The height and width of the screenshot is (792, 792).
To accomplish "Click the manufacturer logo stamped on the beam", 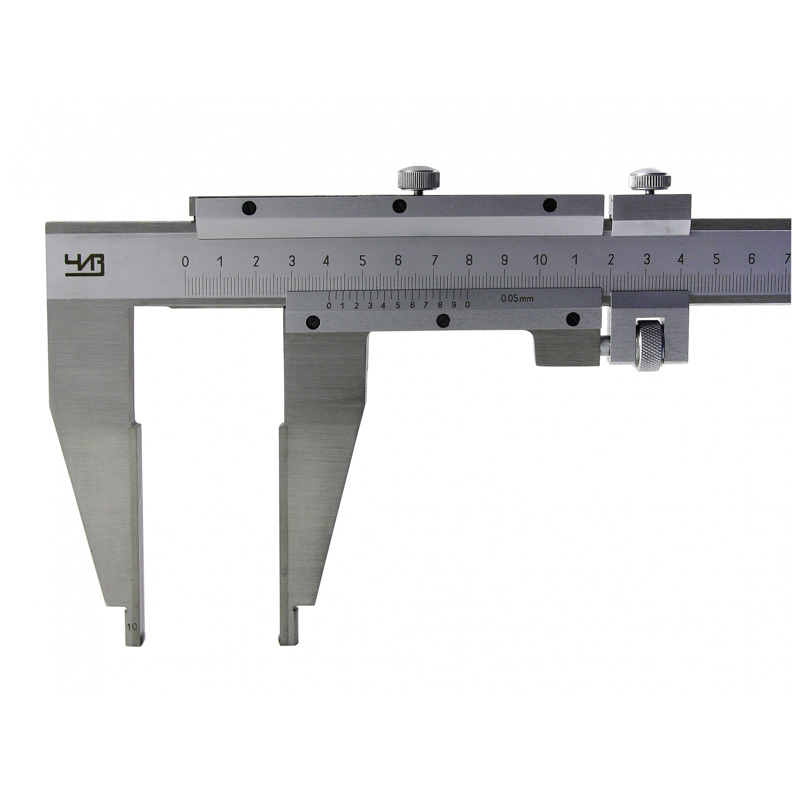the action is point(84,266).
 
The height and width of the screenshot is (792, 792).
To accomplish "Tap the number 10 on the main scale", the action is point(540,261).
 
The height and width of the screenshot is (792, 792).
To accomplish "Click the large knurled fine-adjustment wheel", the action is point(649,346).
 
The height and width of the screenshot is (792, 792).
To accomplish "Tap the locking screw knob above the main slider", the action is point(419,180).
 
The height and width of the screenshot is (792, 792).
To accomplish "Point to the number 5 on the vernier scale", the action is point(398,305).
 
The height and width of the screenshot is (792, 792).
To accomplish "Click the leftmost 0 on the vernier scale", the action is point(329,306).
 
